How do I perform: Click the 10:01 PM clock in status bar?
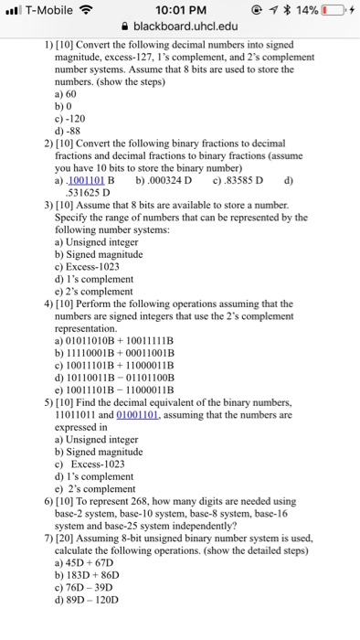179,9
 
